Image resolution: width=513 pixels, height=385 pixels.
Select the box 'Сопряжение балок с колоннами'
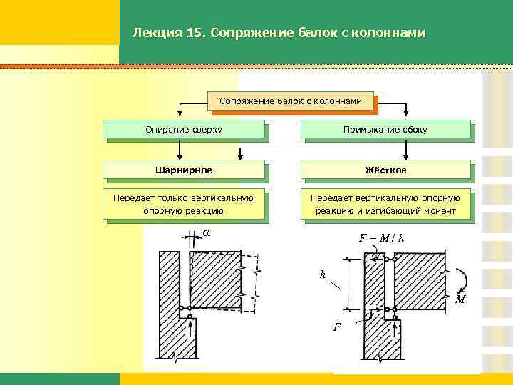pos(291,101)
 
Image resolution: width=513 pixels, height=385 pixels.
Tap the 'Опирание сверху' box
pos(184,129)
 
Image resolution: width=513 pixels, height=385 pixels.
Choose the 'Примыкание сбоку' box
pos(385,129)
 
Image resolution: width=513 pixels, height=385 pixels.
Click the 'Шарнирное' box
pos(184,170)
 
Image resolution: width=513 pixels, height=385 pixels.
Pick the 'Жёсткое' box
pos(385,170)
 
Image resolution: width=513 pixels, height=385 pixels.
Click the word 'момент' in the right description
pos(436,211)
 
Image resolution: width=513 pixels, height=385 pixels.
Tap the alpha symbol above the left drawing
pos(207,232)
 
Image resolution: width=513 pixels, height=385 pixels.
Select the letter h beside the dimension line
pos(323,274)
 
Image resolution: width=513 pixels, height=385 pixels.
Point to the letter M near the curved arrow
pos(460,299)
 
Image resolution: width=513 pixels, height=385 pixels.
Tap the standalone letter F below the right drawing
pos(337,327)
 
